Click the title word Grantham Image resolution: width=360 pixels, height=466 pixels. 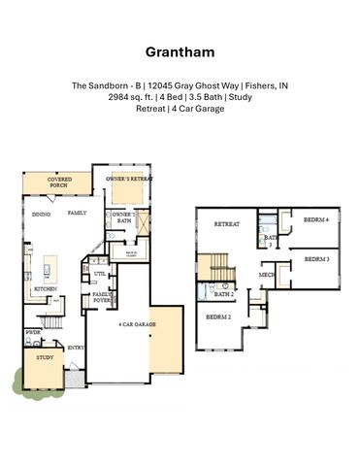point(180,50)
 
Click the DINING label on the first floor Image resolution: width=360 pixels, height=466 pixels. point(41,214)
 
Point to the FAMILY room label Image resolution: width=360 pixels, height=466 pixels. point(78,212)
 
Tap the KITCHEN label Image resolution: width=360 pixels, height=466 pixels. point(45,289)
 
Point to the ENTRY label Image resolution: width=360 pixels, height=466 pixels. point(76,348)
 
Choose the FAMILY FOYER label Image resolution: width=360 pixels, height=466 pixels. point(102,298)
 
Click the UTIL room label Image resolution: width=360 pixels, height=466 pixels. point(100,275)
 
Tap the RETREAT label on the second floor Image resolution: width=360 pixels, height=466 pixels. point(227,224)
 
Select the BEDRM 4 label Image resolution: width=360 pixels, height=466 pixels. point(316,220)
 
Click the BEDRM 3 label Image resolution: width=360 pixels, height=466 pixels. point(317,259)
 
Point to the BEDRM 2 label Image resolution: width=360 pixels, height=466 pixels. point(219,316)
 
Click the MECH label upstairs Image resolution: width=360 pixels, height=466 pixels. point(266,275)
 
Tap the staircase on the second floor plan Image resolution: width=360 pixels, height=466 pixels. point(211,268)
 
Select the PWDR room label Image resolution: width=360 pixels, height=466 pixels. point(33,332)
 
